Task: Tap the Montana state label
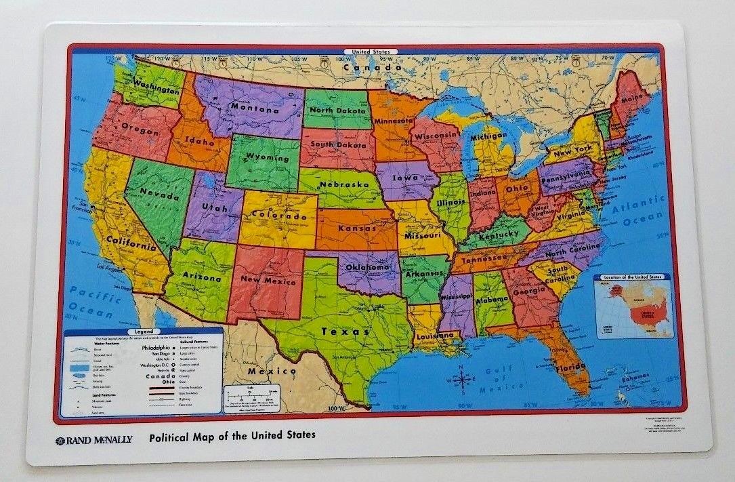(x=254, y=107)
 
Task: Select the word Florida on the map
(x=570, y=368)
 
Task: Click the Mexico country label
(x=272, y=371)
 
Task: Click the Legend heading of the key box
(x=144, y=332)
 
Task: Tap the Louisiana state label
(x=435, y=336)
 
